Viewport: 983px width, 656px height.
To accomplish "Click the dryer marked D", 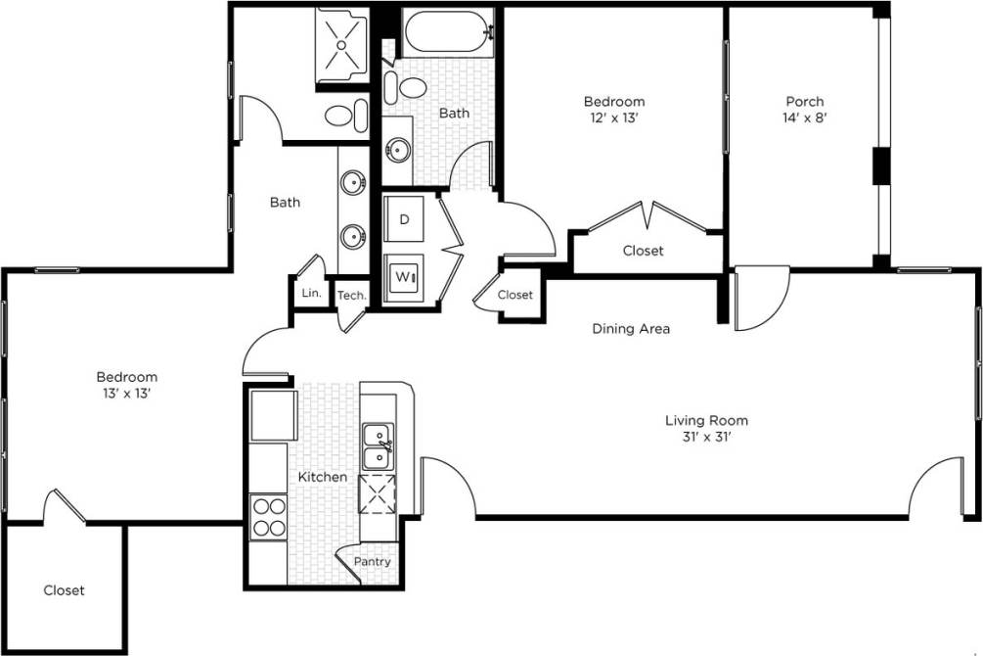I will coord(404,220).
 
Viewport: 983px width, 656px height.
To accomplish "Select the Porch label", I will coord(805,101).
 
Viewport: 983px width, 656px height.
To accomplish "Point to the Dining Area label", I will coord(631,329).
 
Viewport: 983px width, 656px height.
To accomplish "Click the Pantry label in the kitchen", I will coord(372,562).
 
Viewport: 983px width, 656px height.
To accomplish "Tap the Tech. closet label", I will coord(351,296).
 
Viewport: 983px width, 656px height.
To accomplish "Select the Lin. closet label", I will coord(312,293).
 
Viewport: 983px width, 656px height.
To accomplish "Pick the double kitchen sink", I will coord(377,446).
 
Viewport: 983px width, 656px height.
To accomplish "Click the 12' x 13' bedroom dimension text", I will coord(614,117).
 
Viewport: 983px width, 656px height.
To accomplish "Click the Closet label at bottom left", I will coord(64,590).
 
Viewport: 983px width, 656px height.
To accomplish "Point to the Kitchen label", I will coord(323,477).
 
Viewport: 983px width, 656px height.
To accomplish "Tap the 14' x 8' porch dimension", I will coord(805,117).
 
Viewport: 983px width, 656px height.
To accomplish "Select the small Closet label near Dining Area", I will coord(514,295).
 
